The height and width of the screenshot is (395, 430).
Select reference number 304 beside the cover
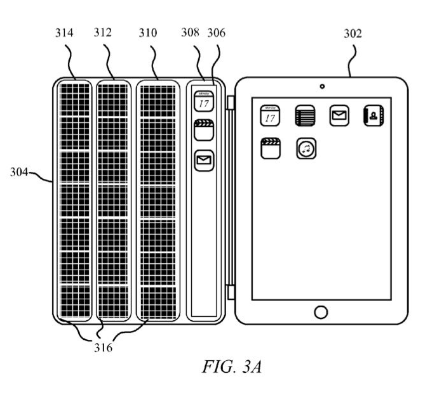pyautogui.click(x=22, y=172)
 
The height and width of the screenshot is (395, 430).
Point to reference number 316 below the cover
pyautogui.click(x=103, y=347)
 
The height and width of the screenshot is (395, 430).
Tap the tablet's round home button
pyautogui.click(x=321, y=312)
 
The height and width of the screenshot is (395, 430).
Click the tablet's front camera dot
pyautogui.click(x=322, y=86)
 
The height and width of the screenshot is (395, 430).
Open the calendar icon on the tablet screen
pyautogui.click(x=270, y=116)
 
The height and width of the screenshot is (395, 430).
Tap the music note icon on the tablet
pyautogui.click(x=306, y=150)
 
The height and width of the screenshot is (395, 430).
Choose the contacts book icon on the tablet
pyautogui.click(x=374, y=116)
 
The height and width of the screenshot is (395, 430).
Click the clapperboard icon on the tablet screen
pyautogui.click(x=271, y=150)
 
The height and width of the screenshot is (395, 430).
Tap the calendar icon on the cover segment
pyautogui.click(x=204, y=101)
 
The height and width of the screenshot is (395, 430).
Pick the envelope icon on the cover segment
pyautogui.click(x=204, y=159)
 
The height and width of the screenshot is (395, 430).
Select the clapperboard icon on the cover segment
pyautogui.click(x=204, y=130)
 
